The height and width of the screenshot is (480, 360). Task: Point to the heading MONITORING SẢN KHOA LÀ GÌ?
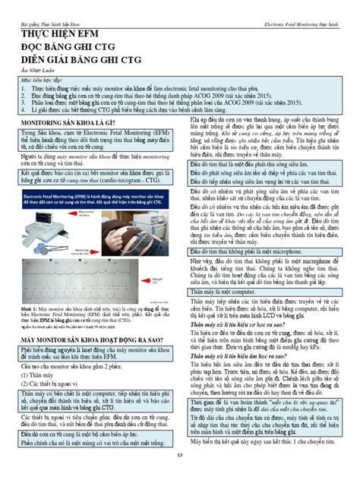(67, 122)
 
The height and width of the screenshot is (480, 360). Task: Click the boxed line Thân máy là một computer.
(223, 289)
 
